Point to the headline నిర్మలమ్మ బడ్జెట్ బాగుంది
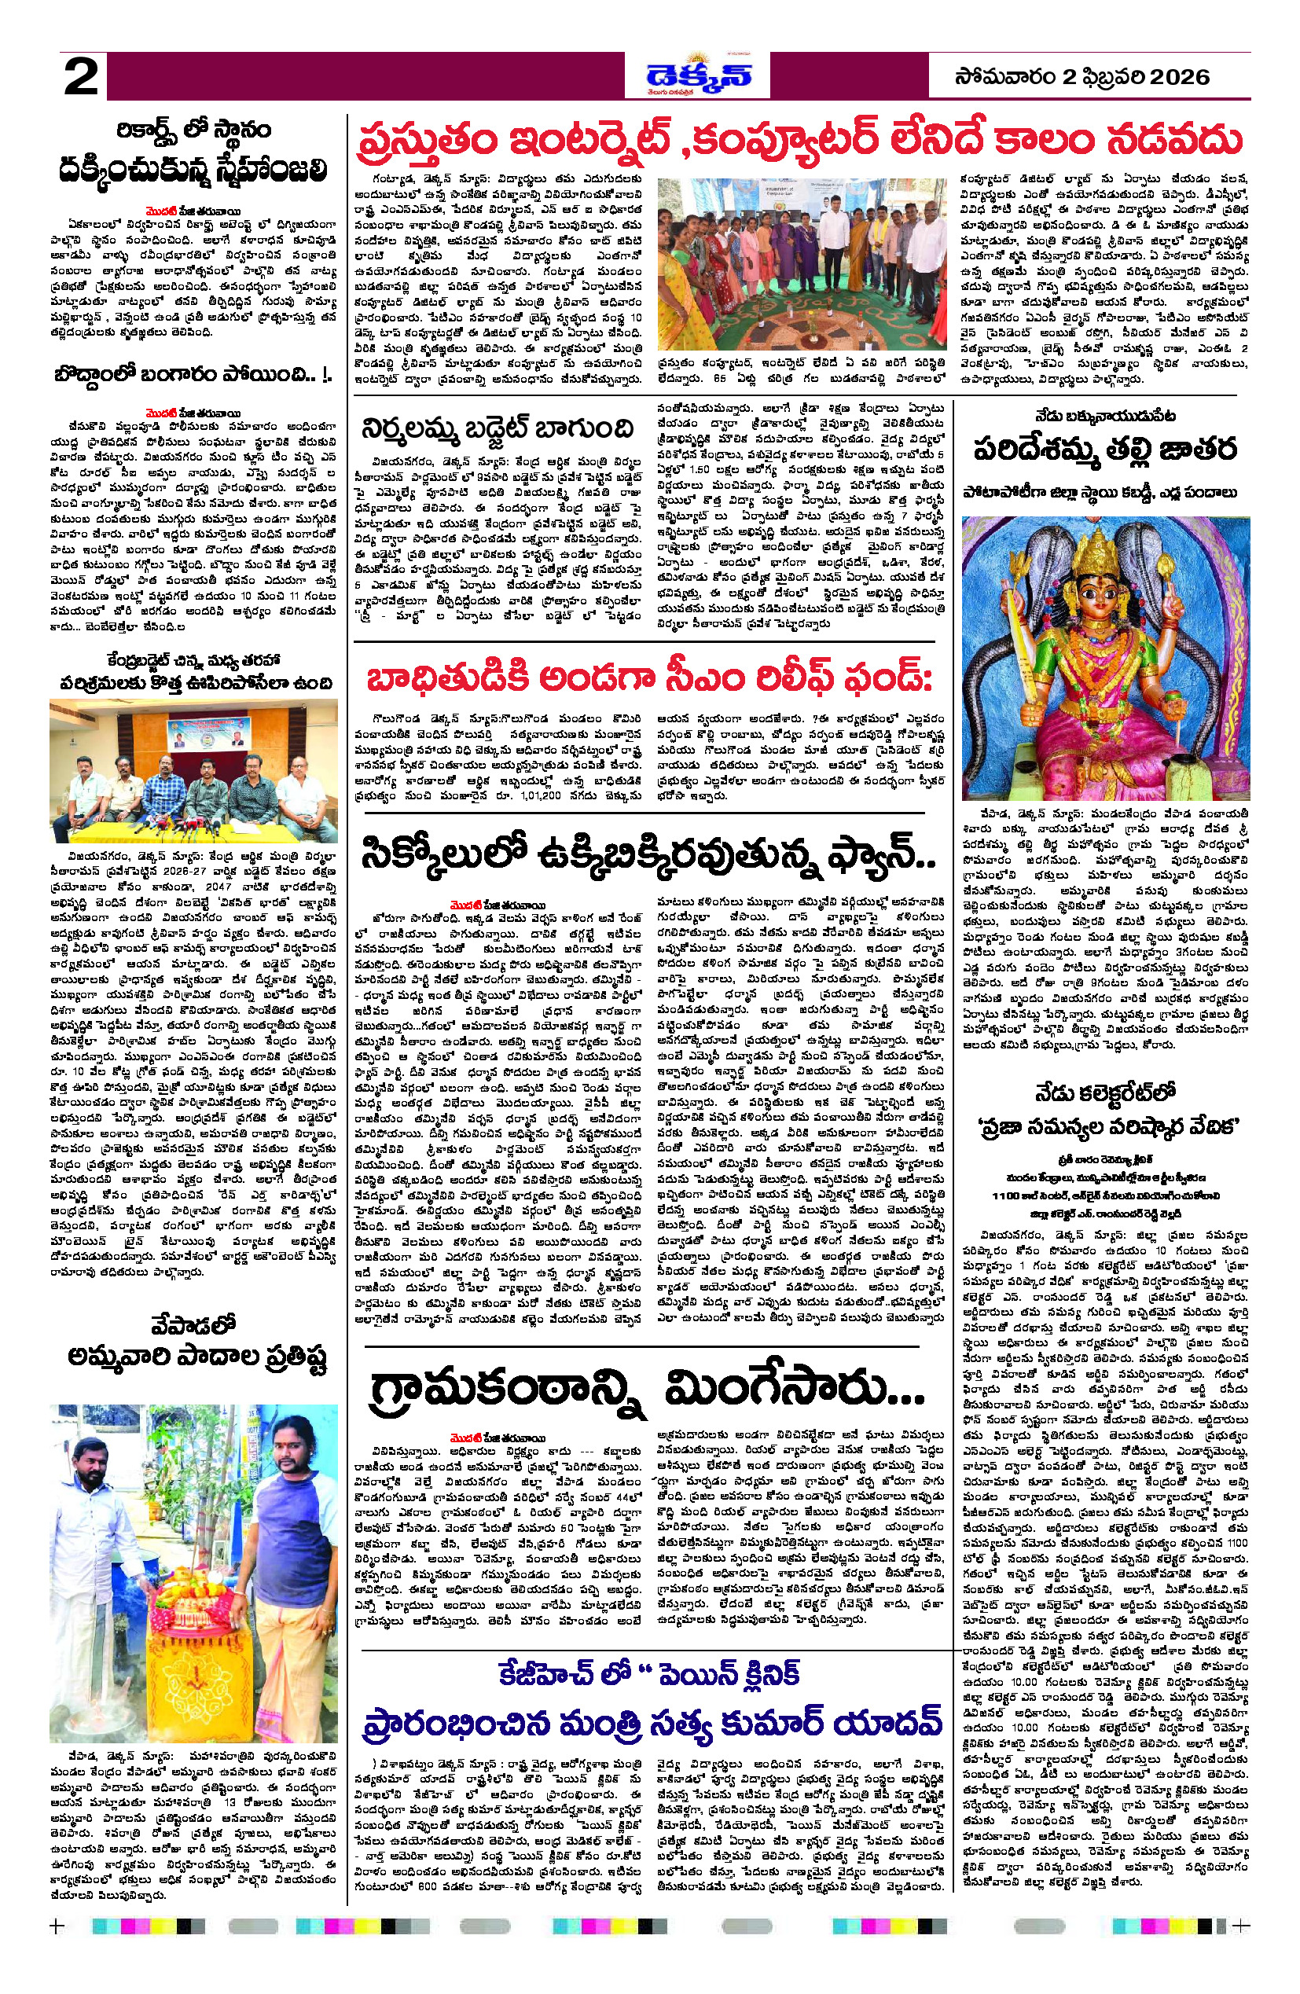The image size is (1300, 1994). tap(497, 428)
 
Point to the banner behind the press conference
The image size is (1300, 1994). tap(193, 733)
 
